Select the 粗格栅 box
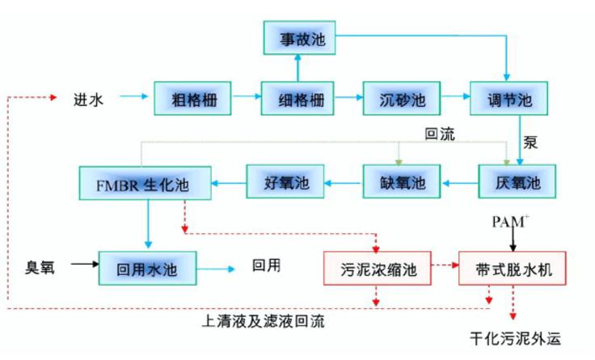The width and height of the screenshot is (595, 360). coord(192,100)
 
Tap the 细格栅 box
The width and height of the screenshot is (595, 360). coord(298,100)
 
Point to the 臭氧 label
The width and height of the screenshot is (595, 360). coord(42,267)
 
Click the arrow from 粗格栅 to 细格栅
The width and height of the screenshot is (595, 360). coord(245,100)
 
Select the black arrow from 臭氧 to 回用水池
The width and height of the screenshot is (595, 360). coord(81,265)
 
